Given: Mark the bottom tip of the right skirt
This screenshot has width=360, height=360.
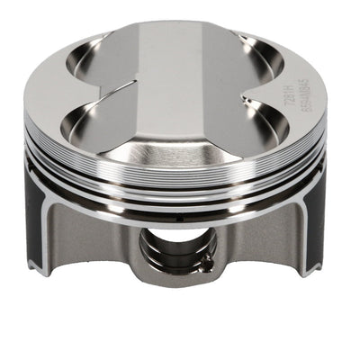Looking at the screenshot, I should (314, 270).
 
